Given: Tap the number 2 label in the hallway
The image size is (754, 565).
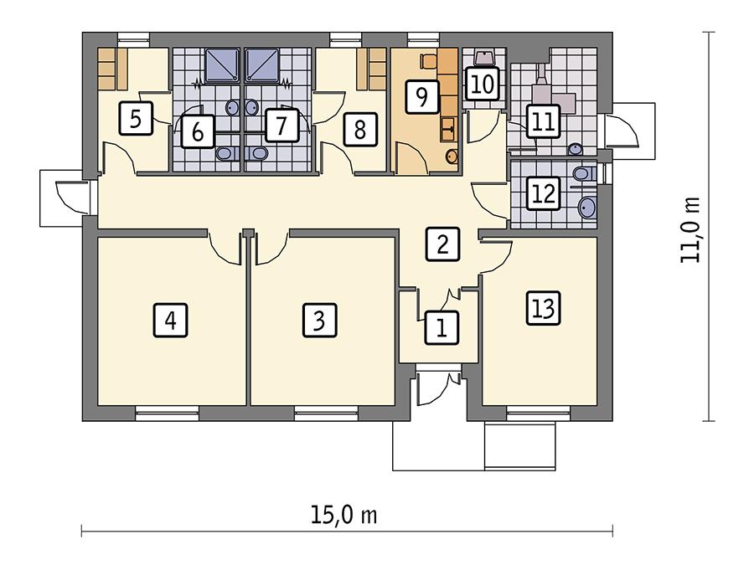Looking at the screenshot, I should click(442, 244).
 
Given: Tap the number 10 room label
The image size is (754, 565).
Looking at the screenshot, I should click(481, 85).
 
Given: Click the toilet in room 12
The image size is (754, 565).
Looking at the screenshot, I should click(584, 174).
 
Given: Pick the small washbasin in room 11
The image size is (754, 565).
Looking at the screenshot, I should click(576, 149).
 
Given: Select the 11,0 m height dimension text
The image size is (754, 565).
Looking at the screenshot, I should click(691, 230).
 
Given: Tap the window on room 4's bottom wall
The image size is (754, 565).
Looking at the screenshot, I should click(168, 410).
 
